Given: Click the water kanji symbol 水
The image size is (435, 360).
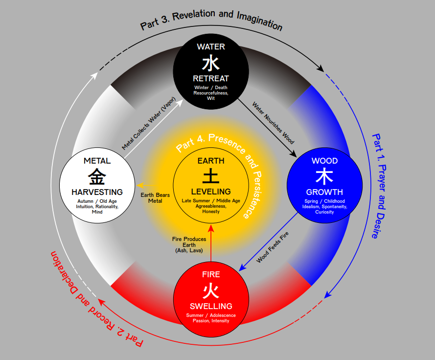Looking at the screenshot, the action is click(x=211, y=63).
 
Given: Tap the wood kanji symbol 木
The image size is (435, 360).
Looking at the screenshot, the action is click(x=324, y=177).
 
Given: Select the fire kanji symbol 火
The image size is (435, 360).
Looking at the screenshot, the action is click(x=211, y=290).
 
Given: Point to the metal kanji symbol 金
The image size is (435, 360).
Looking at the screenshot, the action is click(x=97, y=177).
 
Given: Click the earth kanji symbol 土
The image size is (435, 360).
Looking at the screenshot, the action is click(x=211, y=176).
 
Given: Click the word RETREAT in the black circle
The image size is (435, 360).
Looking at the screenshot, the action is click(x=211, y=78).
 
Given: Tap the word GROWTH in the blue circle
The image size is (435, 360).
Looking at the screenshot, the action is click(x=324, y=192).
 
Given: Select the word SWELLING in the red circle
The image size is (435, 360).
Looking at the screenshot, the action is click(x=211, y=306).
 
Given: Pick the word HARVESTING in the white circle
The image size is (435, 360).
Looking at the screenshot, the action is click(x=97, y=192).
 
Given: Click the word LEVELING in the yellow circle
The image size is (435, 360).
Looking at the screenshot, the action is click(x=211, y=192).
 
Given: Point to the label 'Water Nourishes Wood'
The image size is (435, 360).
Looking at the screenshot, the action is click(x=273, y=123).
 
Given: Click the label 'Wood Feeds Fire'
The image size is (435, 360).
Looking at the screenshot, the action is click(x=273, y=247).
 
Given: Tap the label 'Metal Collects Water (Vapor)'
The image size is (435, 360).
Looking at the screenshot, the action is click(x=149, y=123).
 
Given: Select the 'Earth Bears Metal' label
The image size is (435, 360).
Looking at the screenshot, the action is click(x=155, y=198).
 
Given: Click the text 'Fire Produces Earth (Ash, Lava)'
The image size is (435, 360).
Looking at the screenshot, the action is click(x=189, y=245).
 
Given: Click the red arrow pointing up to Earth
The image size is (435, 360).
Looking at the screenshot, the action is click(x=211, y=243).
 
